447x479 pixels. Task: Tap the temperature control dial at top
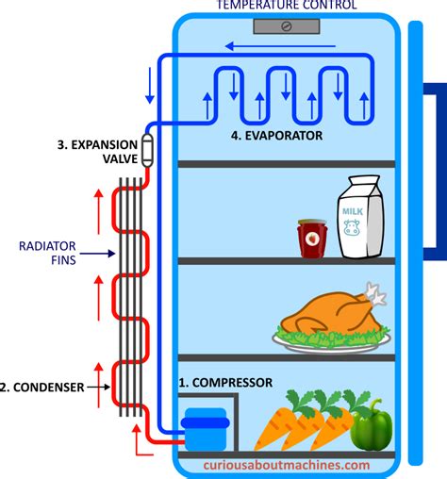coord(285,27)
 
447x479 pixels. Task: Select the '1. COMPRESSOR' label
coord(225,383)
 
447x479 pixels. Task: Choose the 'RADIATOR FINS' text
coord(41,253)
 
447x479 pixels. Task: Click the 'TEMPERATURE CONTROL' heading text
coord(285,6)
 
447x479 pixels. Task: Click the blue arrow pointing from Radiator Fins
coord(91,253)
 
